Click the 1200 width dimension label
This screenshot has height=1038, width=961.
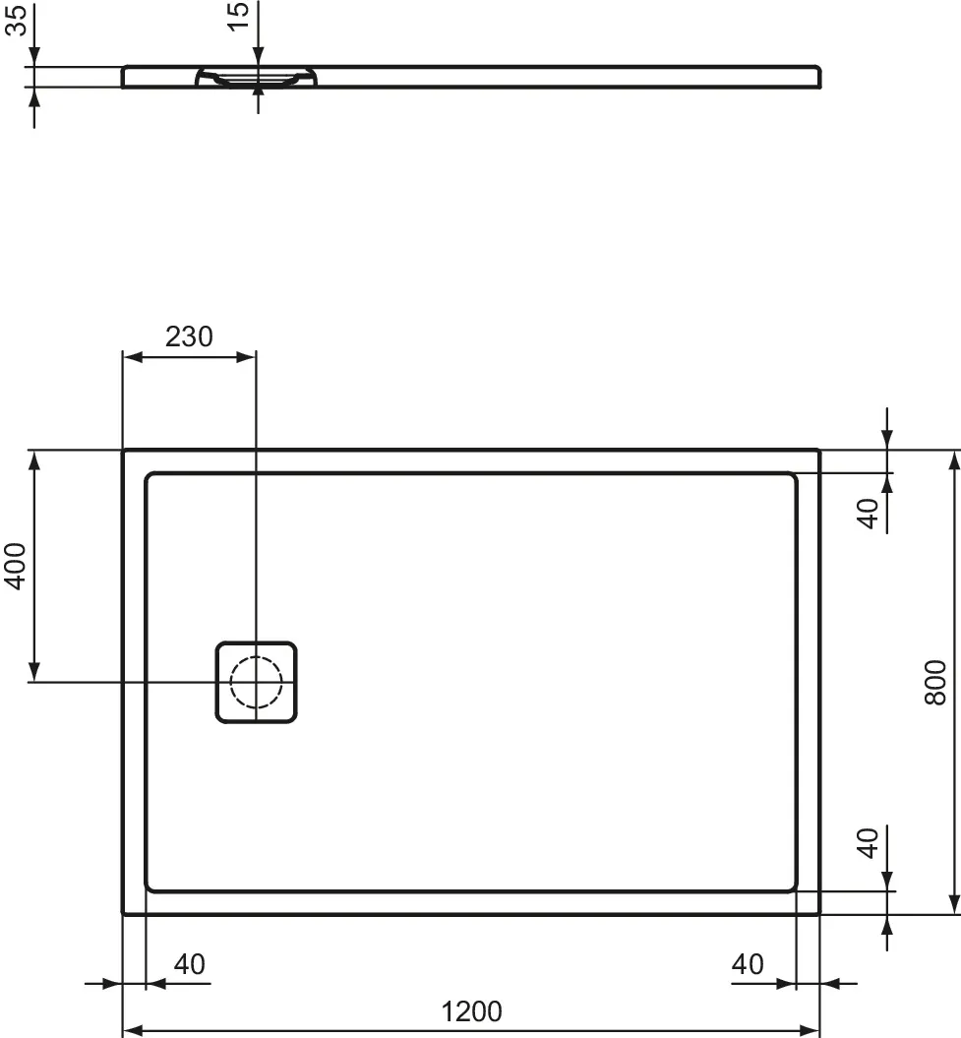472,1010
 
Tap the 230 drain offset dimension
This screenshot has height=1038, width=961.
188,336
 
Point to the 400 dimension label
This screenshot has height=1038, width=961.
14,566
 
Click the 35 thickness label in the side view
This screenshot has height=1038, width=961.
14,19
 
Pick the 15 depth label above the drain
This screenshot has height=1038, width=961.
239,16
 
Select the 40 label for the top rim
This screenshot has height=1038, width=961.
867,513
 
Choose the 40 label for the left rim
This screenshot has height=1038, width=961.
189,964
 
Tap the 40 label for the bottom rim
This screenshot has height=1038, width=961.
867,842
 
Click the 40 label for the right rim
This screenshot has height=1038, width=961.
748,964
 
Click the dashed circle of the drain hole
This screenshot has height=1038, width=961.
256,682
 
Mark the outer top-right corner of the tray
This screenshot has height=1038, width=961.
818,451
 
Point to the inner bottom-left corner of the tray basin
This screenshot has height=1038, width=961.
148,888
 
